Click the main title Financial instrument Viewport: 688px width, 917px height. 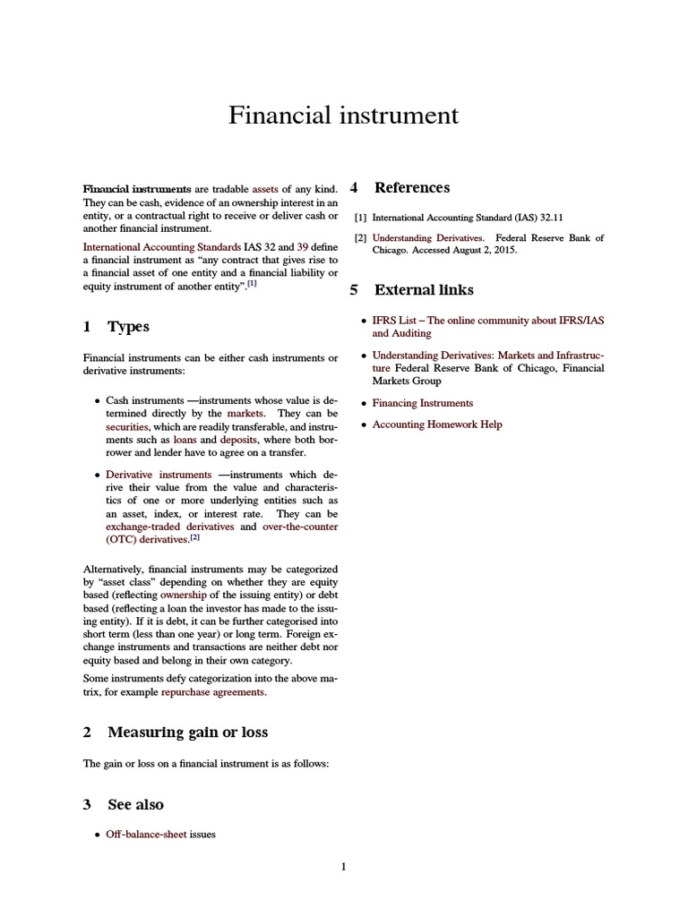[343, 116]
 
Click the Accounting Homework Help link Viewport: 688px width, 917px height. [437, 424]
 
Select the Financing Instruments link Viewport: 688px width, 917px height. [422, 403]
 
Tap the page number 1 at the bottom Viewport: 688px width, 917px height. [343, 866]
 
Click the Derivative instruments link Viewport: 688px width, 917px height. [159, 474]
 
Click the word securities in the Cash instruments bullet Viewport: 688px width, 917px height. [126, 427]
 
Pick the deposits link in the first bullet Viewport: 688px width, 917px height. [240, 441]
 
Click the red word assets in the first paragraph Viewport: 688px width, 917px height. [265, 189]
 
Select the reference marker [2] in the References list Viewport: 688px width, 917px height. [360, 238]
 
